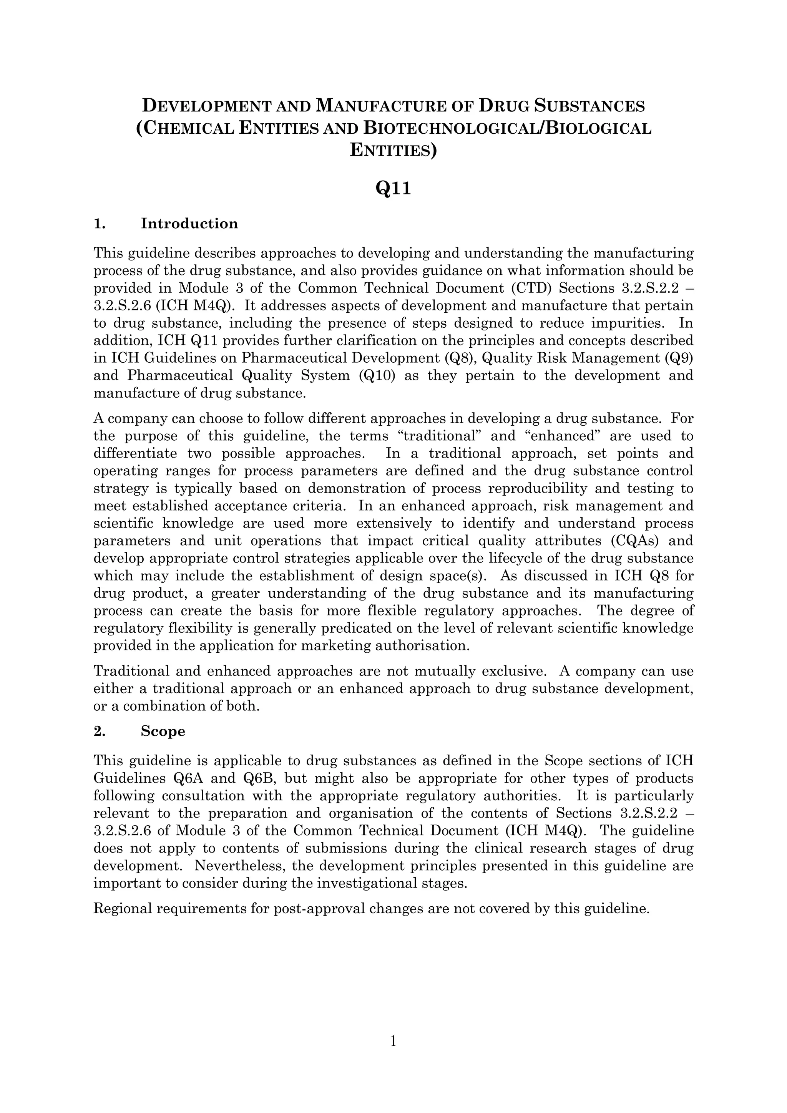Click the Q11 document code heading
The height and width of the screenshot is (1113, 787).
393,189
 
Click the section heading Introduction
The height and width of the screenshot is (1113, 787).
189,224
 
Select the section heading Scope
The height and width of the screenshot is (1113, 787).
163,731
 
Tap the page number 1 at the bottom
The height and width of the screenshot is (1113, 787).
393,1041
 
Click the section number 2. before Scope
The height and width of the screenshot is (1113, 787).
100,731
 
